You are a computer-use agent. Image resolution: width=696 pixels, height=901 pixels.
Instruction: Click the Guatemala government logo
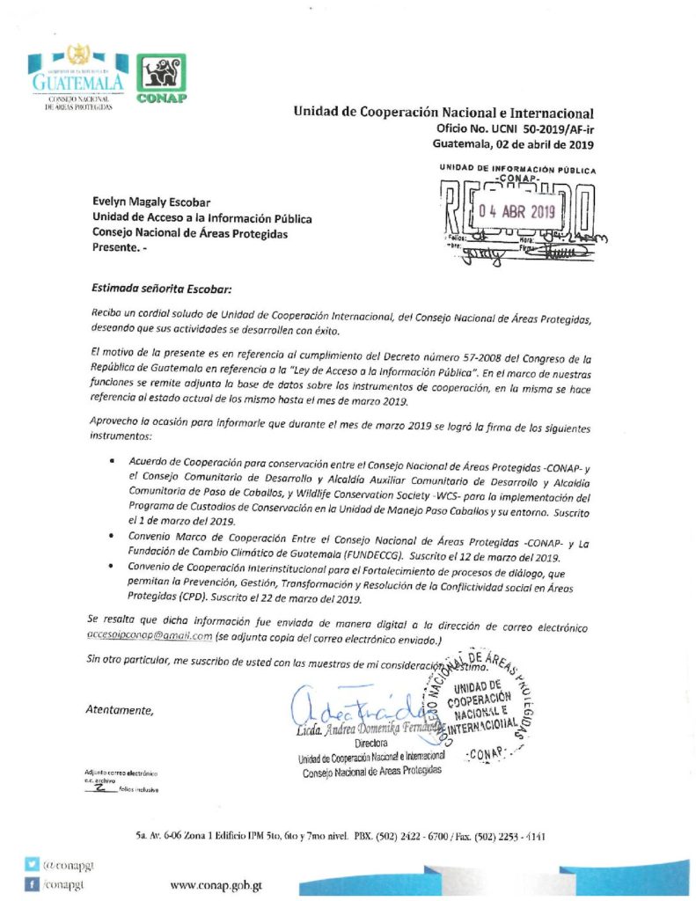[75, 78]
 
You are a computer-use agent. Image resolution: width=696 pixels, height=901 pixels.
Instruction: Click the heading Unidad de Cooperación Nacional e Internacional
[443, 113]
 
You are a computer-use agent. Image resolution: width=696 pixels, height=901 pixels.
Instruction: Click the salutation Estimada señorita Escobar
[163, 287]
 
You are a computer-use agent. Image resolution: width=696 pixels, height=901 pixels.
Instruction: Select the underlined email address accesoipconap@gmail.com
[151, 635]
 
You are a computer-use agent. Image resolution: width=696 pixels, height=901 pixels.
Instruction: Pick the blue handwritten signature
[352, 704]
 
